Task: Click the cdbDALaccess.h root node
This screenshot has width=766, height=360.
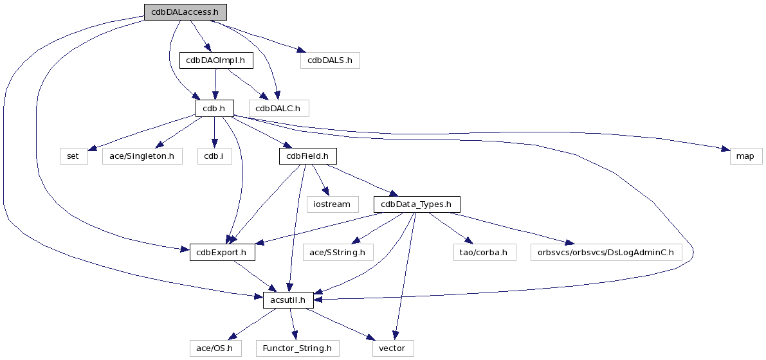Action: click(x=185, y=12)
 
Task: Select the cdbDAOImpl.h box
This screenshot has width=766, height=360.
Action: click(x=215, y=60)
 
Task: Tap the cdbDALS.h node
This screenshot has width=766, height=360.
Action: click(x=329, y=60)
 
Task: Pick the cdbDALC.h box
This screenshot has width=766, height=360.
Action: click(x=279, y=108)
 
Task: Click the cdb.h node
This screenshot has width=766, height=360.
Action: click(x=214, y=108)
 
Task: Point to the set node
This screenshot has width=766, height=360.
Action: click(x=74, y=156)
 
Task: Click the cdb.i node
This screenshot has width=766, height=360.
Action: click(x=214, y=156)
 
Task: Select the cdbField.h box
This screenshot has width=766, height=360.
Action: click(x=307, y=156)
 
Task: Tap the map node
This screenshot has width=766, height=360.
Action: click(x=745, y=156)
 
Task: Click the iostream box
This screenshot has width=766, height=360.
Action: click(x=332, y=204)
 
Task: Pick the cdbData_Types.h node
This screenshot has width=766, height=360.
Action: click(x=417, y=204)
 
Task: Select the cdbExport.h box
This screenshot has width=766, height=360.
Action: click(x=222, y=253)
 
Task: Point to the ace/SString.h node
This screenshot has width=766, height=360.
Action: click(x=338, y=253)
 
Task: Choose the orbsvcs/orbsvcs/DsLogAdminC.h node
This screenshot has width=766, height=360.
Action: click(x=606, y=253)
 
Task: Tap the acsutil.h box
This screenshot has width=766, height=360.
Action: click(x=288, y=300)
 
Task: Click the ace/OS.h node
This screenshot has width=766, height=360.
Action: click(x=215, y=348)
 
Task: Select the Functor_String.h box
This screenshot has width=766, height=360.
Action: click(x=297, y=348)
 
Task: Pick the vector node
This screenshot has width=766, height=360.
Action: click(x=392, y=348)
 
